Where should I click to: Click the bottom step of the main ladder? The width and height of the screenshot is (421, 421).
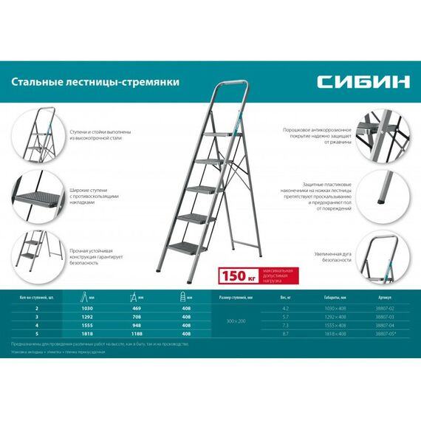point(191,250)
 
